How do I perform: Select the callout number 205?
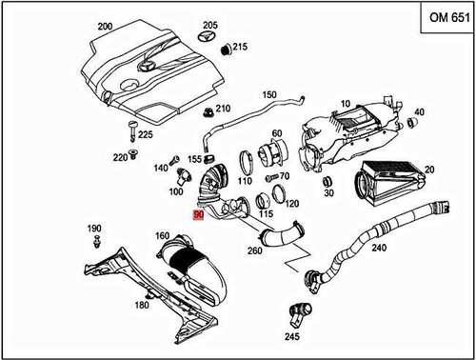210,24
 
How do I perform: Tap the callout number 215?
240,47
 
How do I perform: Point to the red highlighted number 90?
198,215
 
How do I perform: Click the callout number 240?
379,247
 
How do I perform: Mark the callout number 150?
269,94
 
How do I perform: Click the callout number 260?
254,250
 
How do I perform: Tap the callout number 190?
93,229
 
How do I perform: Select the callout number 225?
145,135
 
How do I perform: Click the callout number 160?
162,236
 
